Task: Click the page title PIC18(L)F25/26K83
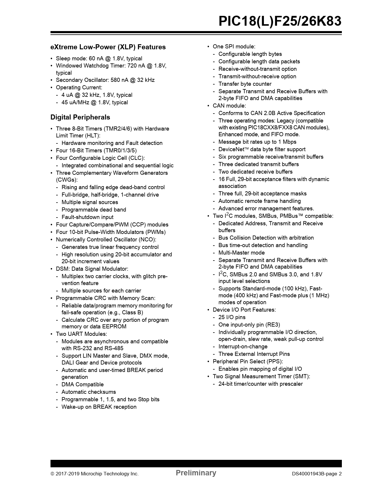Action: (280, 22)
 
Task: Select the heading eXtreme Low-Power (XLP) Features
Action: (108, 47)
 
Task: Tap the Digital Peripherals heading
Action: (80, 117)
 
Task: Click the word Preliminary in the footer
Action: (196, 473)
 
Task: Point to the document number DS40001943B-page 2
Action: (317, 474)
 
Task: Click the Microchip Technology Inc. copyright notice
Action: (94, 474)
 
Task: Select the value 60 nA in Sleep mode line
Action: (96, 59)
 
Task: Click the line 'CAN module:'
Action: (229, 106)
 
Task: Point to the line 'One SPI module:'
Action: (234, 47)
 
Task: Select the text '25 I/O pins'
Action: (232, 317)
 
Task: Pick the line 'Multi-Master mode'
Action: (241, 253)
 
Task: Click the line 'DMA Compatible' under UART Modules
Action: (82, 385)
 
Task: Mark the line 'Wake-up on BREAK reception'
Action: (99, 407)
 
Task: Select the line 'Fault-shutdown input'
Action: (87, 217)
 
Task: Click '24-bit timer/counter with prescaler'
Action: (260, 384)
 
